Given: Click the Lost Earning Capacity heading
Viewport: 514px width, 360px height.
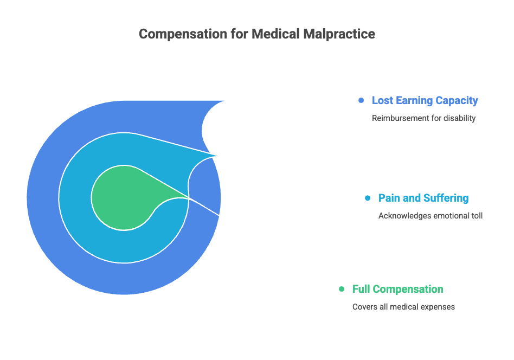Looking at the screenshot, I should pos(425,100).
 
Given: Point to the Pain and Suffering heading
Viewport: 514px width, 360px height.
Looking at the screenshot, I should pos(423,198).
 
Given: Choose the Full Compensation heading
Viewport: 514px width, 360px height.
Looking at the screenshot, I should pos(397,289).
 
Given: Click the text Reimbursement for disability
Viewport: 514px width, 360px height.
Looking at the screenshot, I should pos(423,118).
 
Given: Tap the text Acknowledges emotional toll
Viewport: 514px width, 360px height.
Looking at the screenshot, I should pos(430,216).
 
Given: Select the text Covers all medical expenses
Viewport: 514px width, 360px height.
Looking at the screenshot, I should pos(403,307).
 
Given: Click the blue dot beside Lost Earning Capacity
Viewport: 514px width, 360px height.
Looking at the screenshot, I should pos(361,100).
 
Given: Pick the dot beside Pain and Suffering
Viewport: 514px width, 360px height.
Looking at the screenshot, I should pos(368,198).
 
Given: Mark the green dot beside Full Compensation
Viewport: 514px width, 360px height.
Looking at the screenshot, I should pos(342,289).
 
